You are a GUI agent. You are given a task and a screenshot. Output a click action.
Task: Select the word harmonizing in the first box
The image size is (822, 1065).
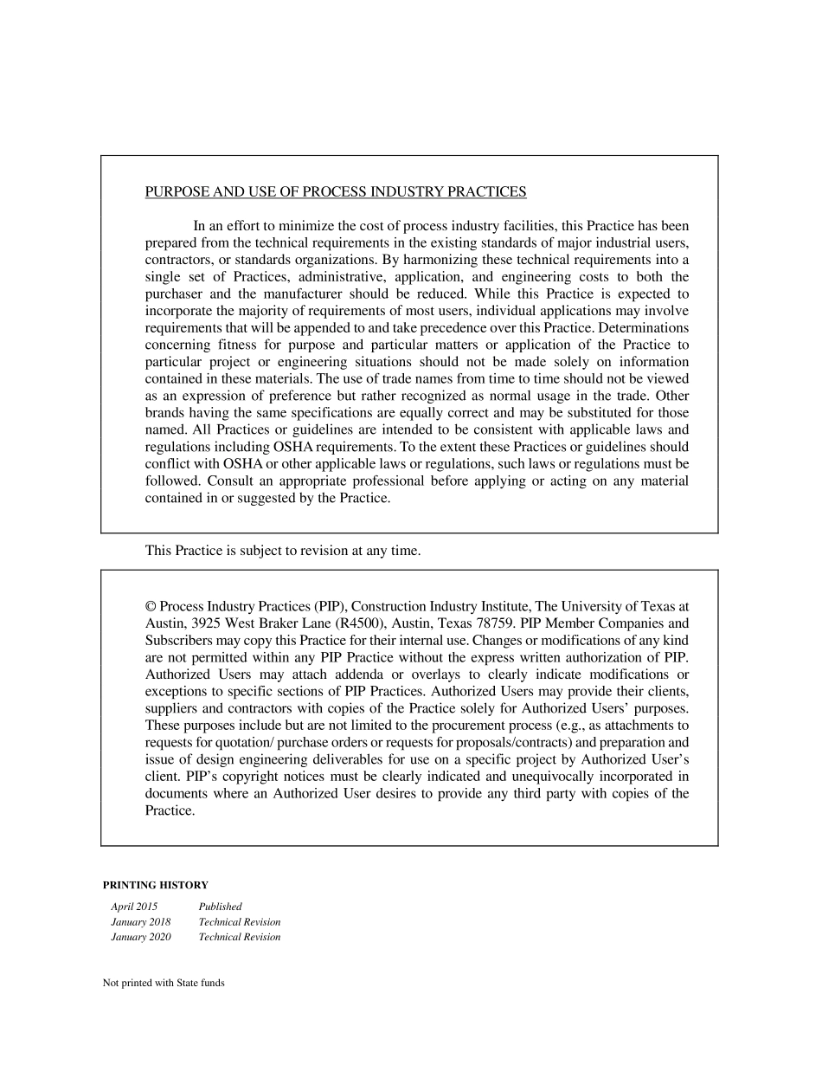464,260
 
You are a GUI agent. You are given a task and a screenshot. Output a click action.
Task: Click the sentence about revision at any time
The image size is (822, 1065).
283,551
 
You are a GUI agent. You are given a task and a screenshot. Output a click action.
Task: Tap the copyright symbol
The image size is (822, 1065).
151,606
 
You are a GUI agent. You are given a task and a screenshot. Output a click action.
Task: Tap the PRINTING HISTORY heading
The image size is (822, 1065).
156,885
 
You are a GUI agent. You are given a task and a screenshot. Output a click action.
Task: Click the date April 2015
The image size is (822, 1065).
134,907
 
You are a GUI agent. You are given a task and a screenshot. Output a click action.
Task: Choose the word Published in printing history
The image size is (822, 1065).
220,907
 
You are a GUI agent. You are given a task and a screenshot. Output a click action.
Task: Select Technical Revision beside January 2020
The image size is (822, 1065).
240,937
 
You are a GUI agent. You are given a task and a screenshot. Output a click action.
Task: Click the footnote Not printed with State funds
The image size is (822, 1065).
164,983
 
